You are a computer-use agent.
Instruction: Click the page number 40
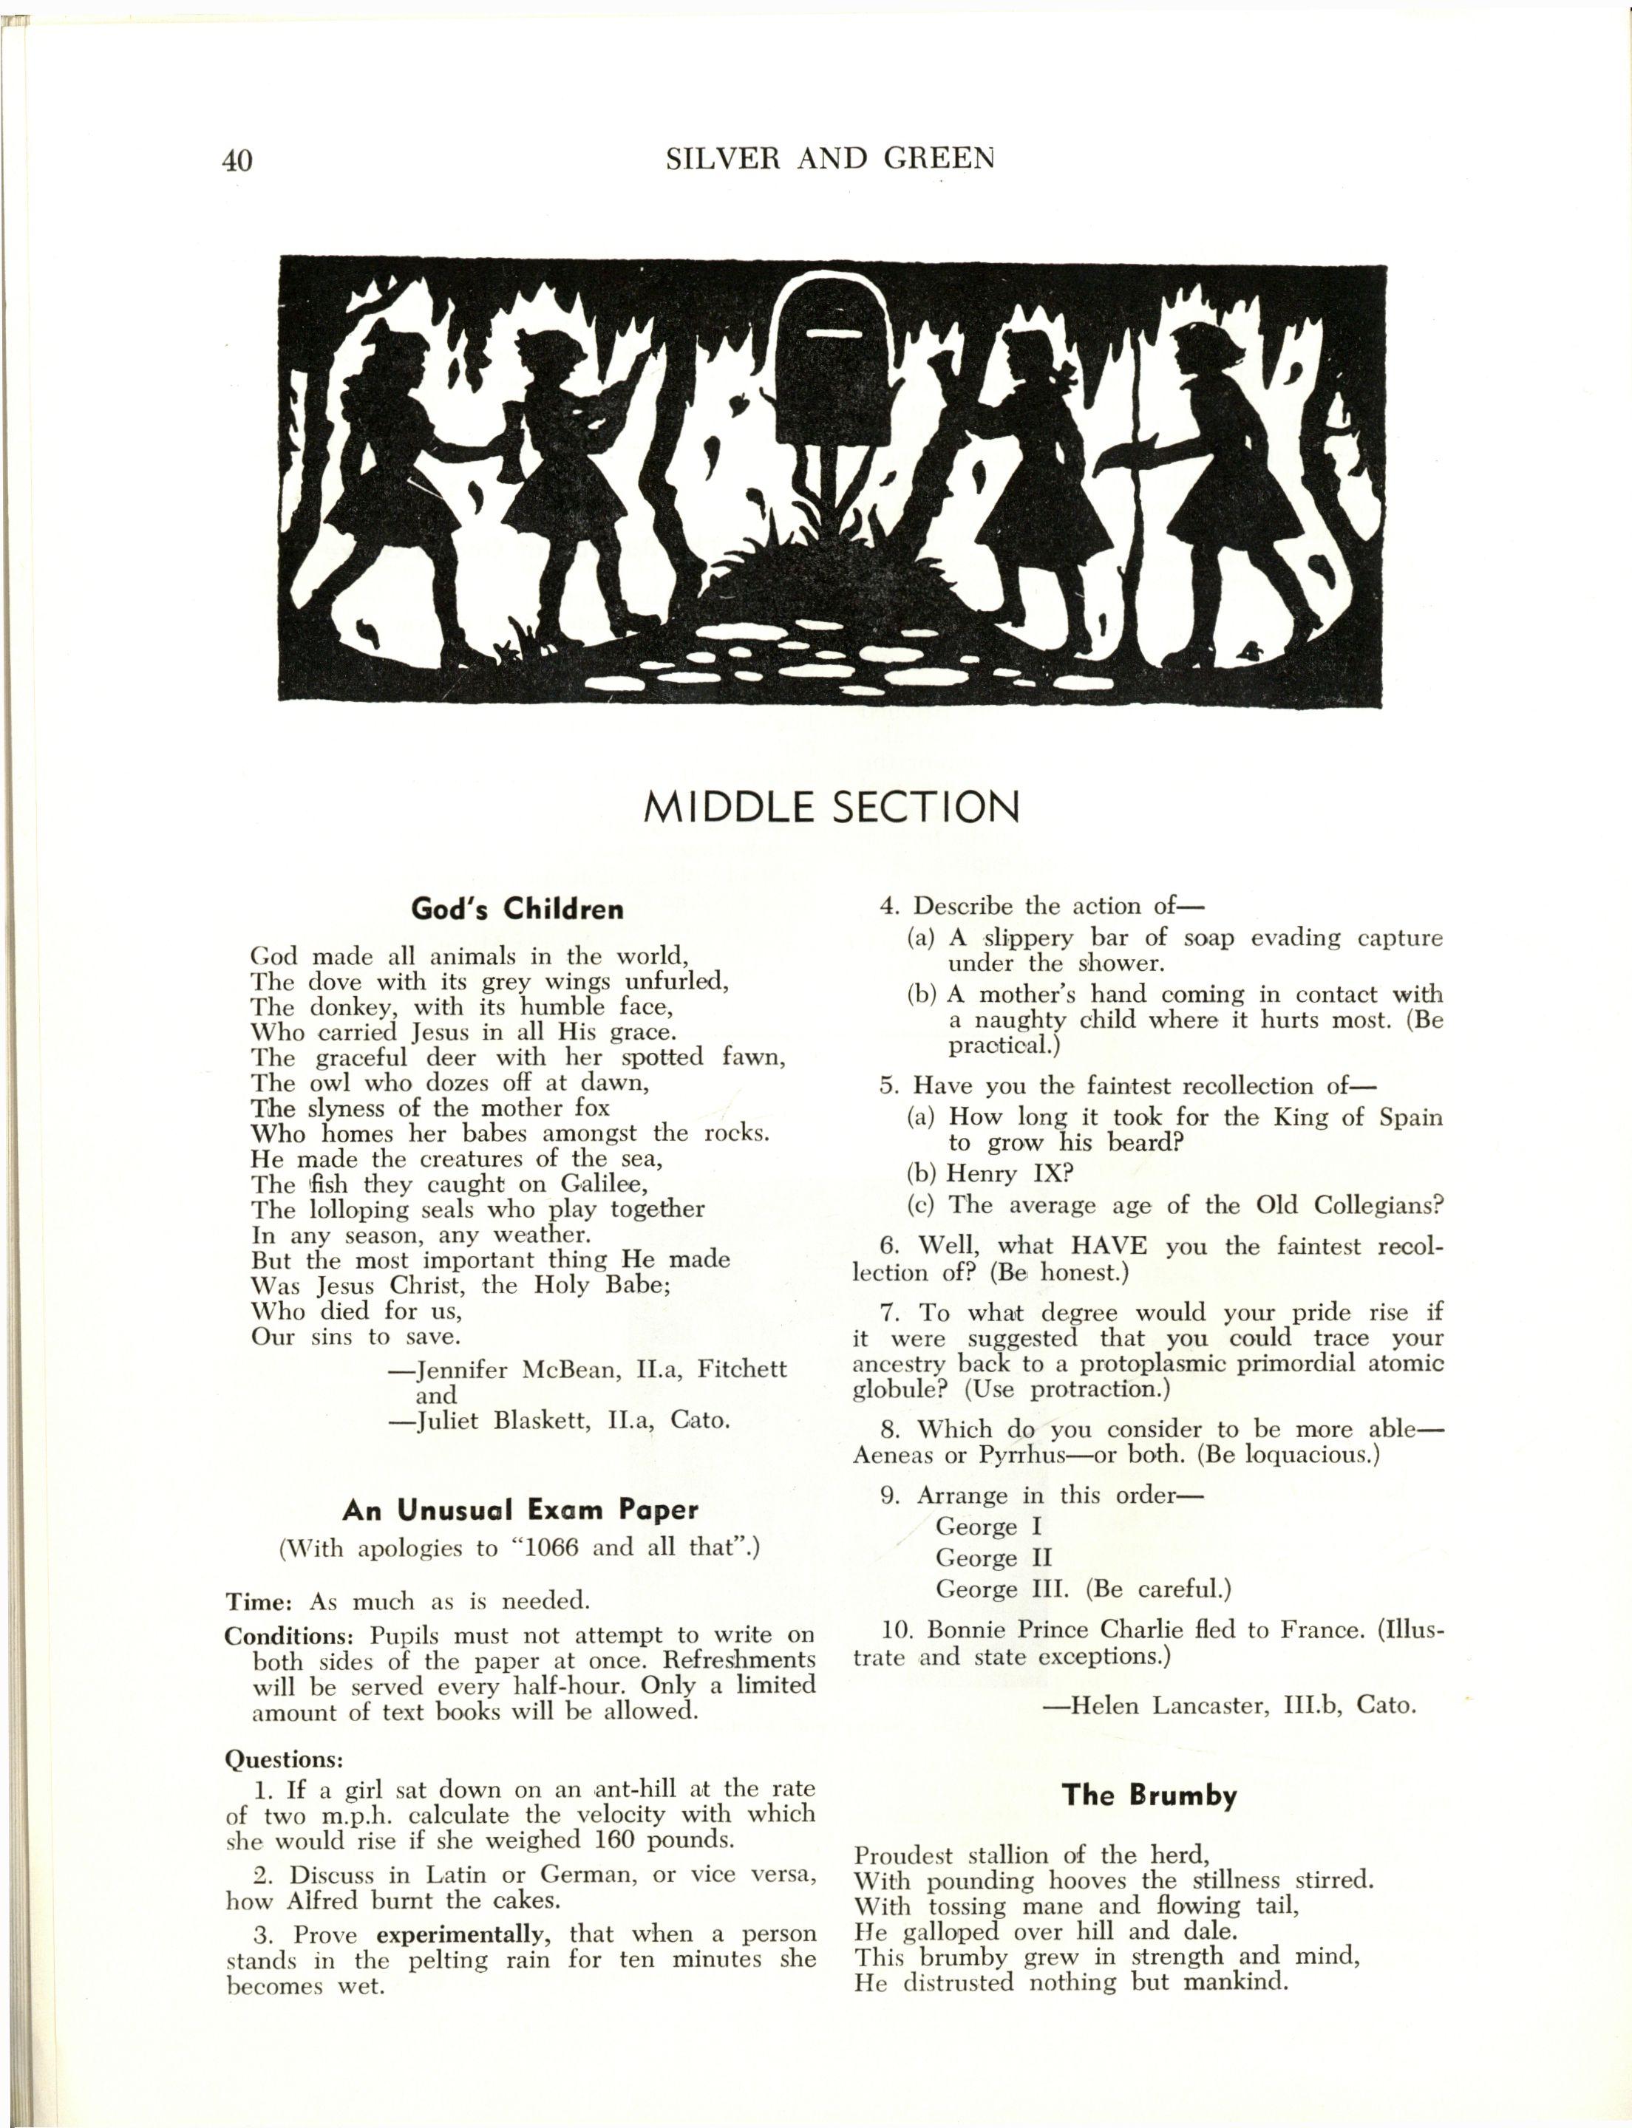point(237,160)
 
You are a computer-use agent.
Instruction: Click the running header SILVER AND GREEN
point(831,158)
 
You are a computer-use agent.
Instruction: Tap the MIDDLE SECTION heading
point(832,806)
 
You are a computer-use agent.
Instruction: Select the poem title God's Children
point(517,909)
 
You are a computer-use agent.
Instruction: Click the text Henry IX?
point(1011,1173)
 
